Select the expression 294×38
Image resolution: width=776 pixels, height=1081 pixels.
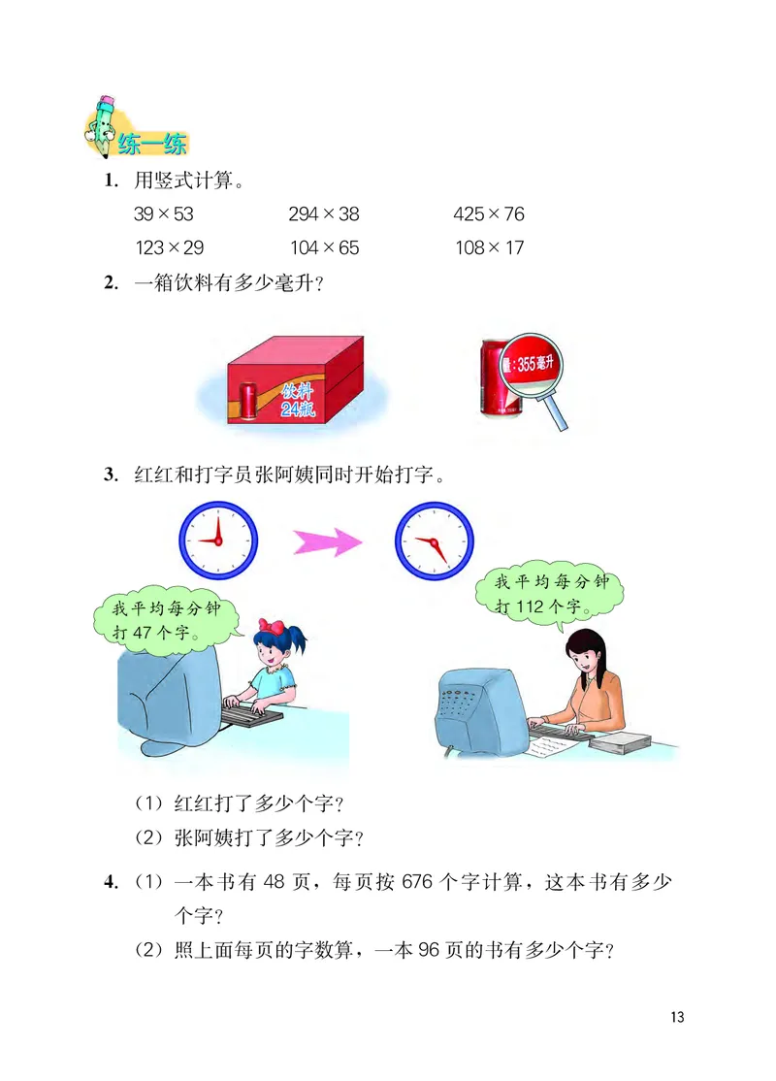[x=323, y=214]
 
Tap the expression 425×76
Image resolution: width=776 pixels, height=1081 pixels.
[x=489, y=214]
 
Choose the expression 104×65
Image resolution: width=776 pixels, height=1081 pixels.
[x=323, y=247]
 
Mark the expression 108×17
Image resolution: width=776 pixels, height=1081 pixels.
[x=489, y=247]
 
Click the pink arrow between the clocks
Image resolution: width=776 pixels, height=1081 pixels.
[x=327, y=541]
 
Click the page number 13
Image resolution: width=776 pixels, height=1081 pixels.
[x=676, y=1017]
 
